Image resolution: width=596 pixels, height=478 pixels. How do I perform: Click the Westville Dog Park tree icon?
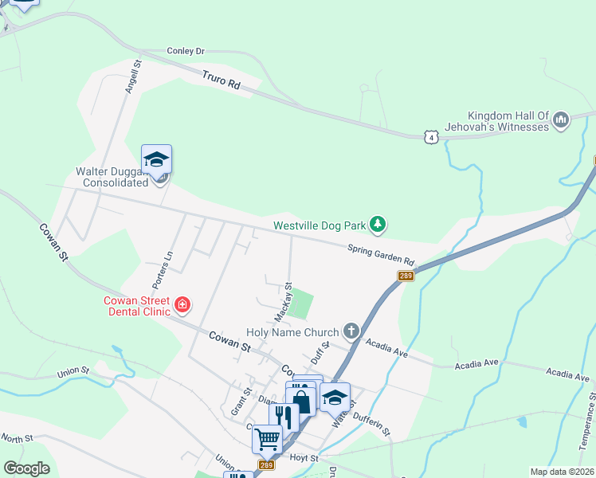pos(379,225)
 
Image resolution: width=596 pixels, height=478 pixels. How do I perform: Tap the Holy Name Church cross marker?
pos(351,331)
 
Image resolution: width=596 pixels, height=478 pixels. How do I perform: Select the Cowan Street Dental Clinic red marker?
pos(182,304)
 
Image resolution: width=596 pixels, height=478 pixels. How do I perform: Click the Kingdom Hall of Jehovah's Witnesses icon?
pos(560,120)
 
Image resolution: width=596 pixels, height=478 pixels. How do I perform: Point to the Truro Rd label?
pos(222,81)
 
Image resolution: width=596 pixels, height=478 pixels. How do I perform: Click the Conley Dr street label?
pos(186,51)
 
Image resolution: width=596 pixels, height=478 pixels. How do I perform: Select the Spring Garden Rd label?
pos(382,255)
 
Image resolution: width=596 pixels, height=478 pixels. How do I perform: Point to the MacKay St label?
pos(282,301)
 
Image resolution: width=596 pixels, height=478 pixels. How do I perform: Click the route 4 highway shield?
pos(431,137)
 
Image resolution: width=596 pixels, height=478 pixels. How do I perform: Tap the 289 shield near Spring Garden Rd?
pos(406,276)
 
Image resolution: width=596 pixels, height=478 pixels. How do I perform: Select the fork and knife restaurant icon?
pos(284,415)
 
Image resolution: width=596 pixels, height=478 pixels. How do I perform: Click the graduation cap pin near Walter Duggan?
pos(157,159)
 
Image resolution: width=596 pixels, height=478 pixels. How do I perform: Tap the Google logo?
pos(26,468)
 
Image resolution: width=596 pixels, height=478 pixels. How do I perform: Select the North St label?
pos(17,438)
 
